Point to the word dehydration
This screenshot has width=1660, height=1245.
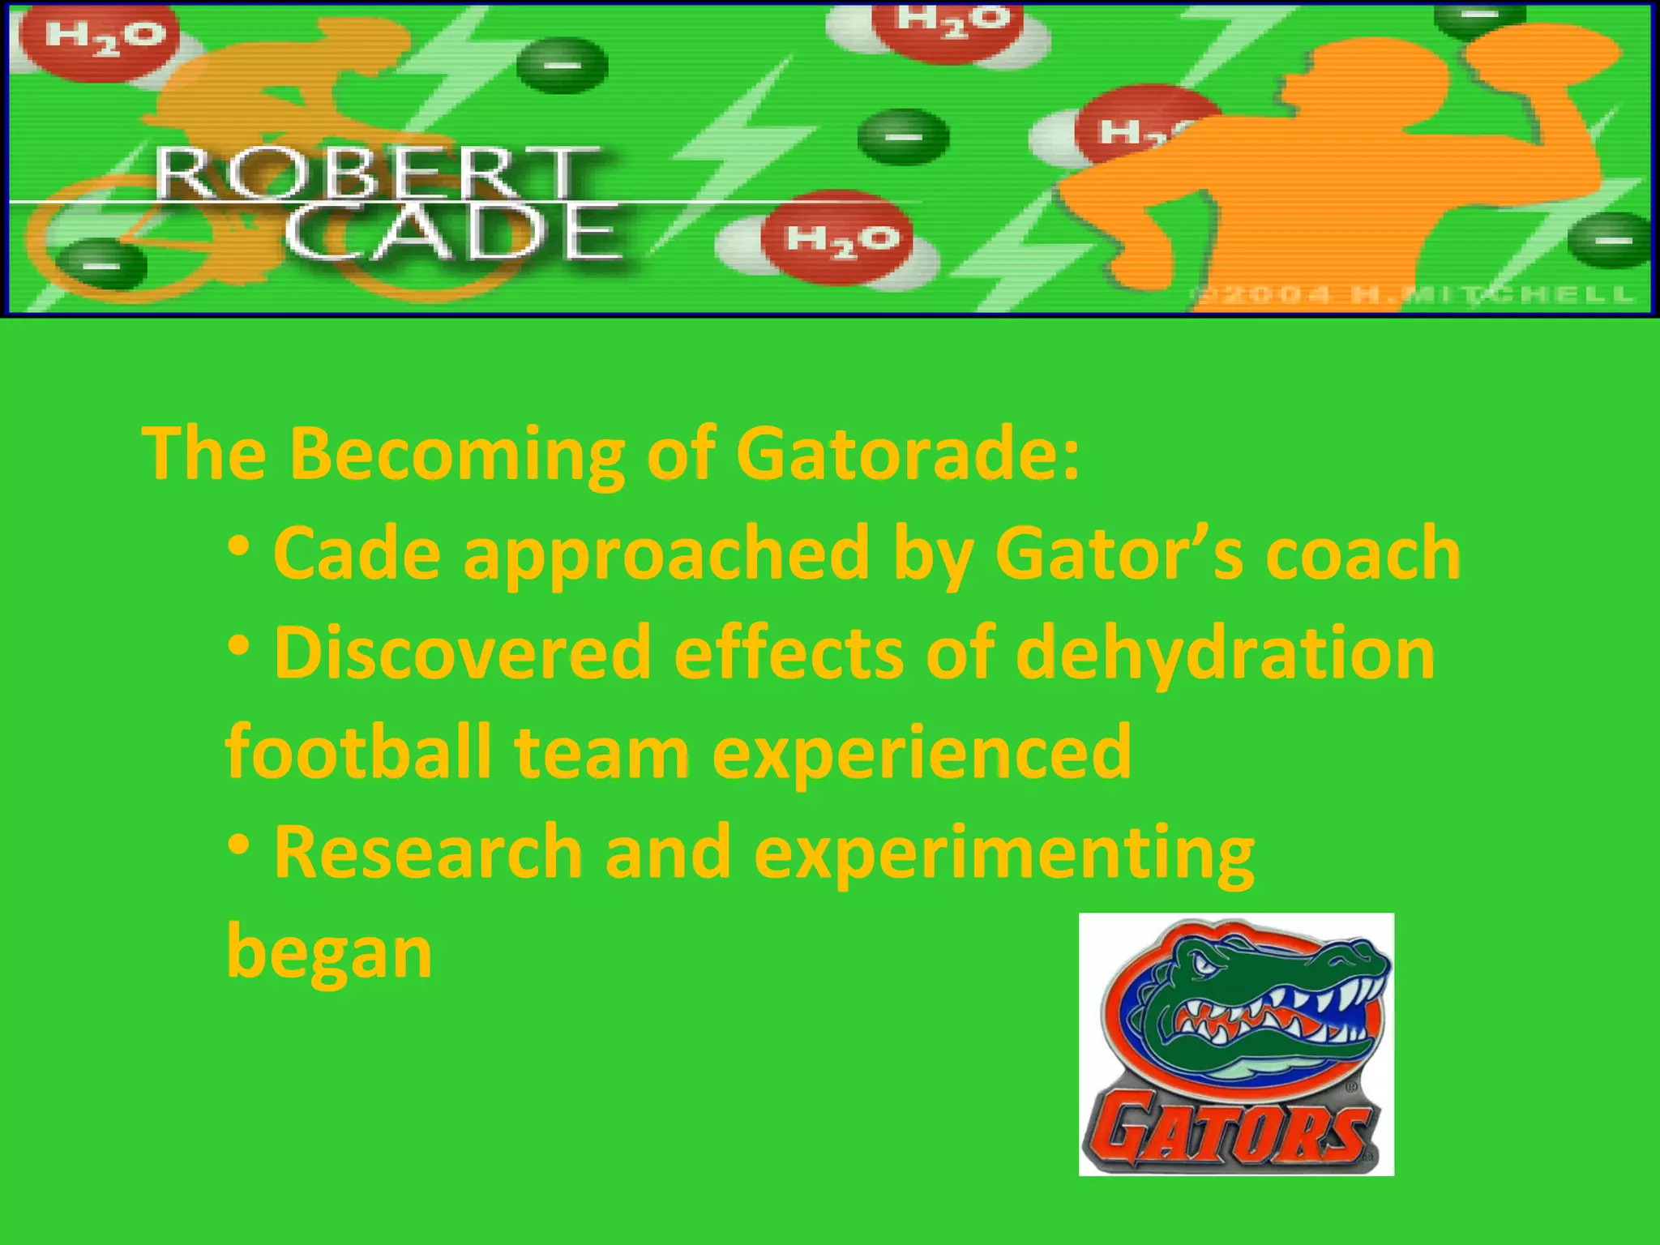[1225, 653]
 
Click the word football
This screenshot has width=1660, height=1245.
[358, 752]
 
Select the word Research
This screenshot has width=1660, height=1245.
[428, 852]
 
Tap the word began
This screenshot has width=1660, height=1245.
[329, 953]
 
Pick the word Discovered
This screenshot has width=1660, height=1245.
[463, 653]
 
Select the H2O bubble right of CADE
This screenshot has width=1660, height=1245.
[843, 238]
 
